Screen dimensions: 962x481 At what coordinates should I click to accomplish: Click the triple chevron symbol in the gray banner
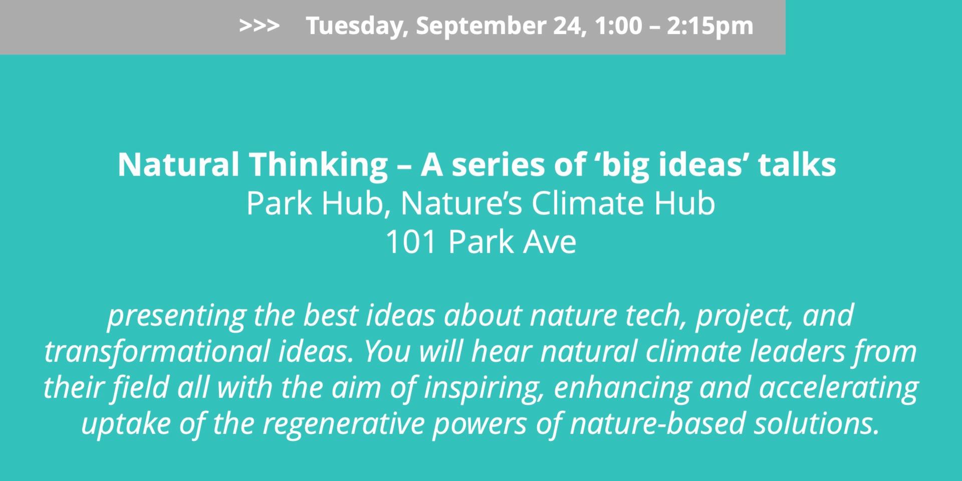[x=259, y=26]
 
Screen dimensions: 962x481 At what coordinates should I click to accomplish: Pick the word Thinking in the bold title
[x=319, y=165]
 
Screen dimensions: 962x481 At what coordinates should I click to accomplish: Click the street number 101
[x=411, y=242]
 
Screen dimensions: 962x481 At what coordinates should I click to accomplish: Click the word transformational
[x=157, y=352]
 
